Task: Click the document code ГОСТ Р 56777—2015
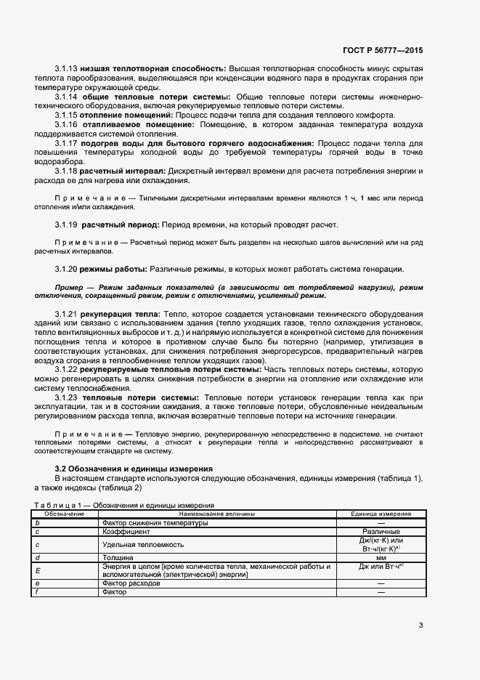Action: pos(382,50)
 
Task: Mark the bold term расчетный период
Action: pos(120,224)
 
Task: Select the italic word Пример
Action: pos(70,288)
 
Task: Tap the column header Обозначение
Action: pos(60,514)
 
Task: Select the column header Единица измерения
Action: pos(381,514)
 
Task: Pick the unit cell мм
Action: pos(381,557)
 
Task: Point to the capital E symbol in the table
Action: pos(37,570)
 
